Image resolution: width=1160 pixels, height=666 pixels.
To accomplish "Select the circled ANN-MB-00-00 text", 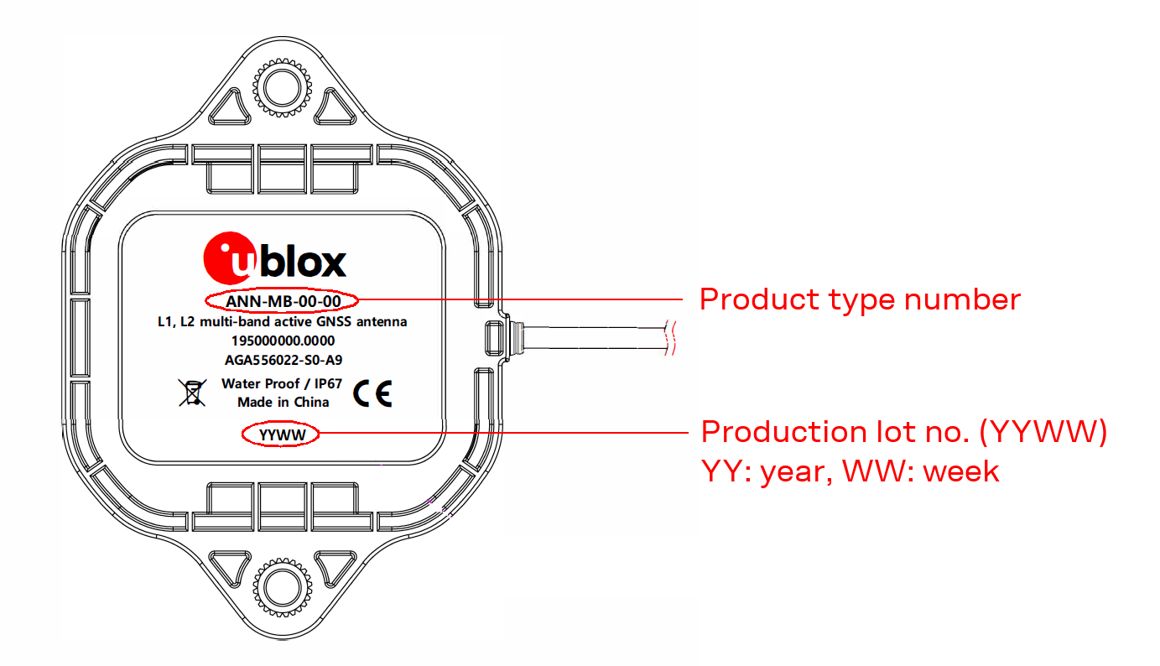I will pyautogui.click(x=281, y=299).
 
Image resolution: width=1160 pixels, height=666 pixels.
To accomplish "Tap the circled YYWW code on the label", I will pyautogui.click(x=281, y=434).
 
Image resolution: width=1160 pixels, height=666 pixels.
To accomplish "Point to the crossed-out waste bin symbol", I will pyautogui.click(x=192, y=392).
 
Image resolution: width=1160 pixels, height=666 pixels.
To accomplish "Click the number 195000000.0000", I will pyautogui.click(x=282, y=341).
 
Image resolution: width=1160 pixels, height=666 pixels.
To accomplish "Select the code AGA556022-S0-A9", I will pyautogui.click(x=282, y=360).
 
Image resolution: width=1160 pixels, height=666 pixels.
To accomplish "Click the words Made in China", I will pyautogui.click(x=283, y=402).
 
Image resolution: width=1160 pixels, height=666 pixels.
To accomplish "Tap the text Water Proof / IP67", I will pyautogui.click(x=283, y=383).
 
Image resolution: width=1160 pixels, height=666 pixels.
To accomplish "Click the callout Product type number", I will pyautogui.click(x=860, y=299).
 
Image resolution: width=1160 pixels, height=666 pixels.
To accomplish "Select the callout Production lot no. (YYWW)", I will pyautogui.click(x=904, y=432).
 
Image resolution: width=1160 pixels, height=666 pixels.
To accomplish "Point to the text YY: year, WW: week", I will pyautogui.click(x=850, y=471).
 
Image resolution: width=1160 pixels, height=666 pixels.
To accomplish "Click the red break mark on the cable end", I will pyautogui.click(x=668, y=339).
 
